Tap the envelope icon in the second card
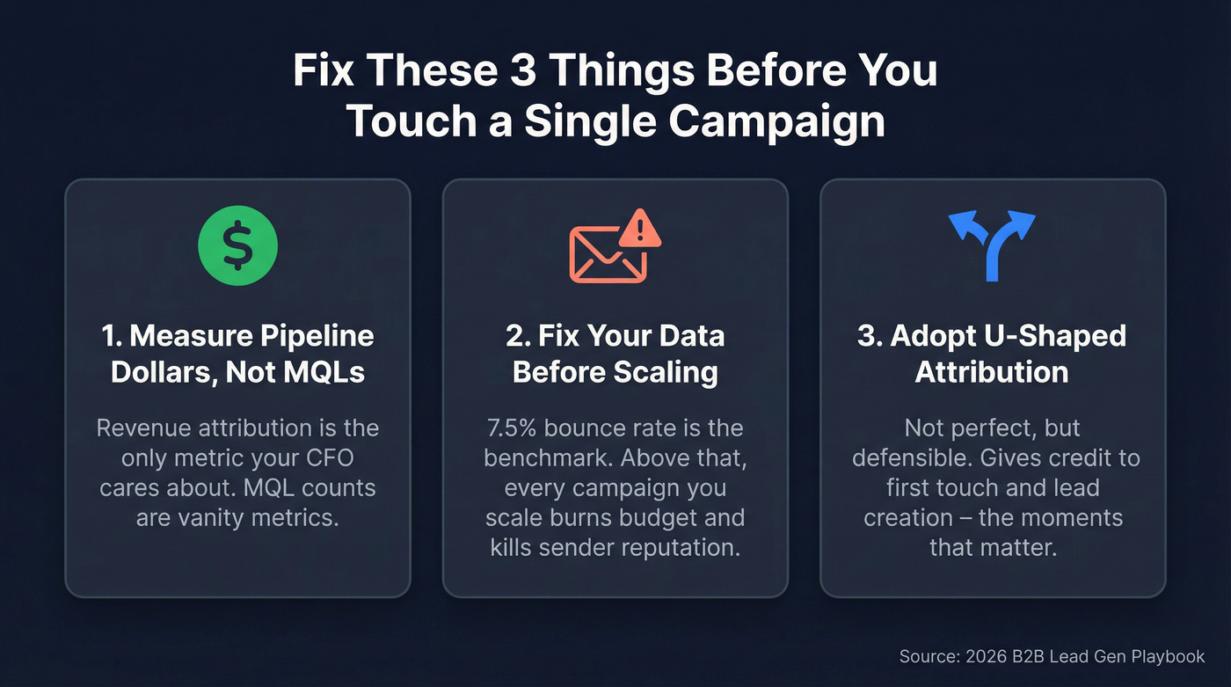(x=607, y=254)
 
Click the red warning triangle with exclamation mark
(x=641, y=229)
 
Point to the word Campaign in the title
(x=776, y=121)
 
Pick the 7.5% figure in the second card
(x=517, y=428)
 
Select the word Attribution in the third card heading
(x=992, y=372)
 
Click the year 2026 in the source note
(x=980, y=657)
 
